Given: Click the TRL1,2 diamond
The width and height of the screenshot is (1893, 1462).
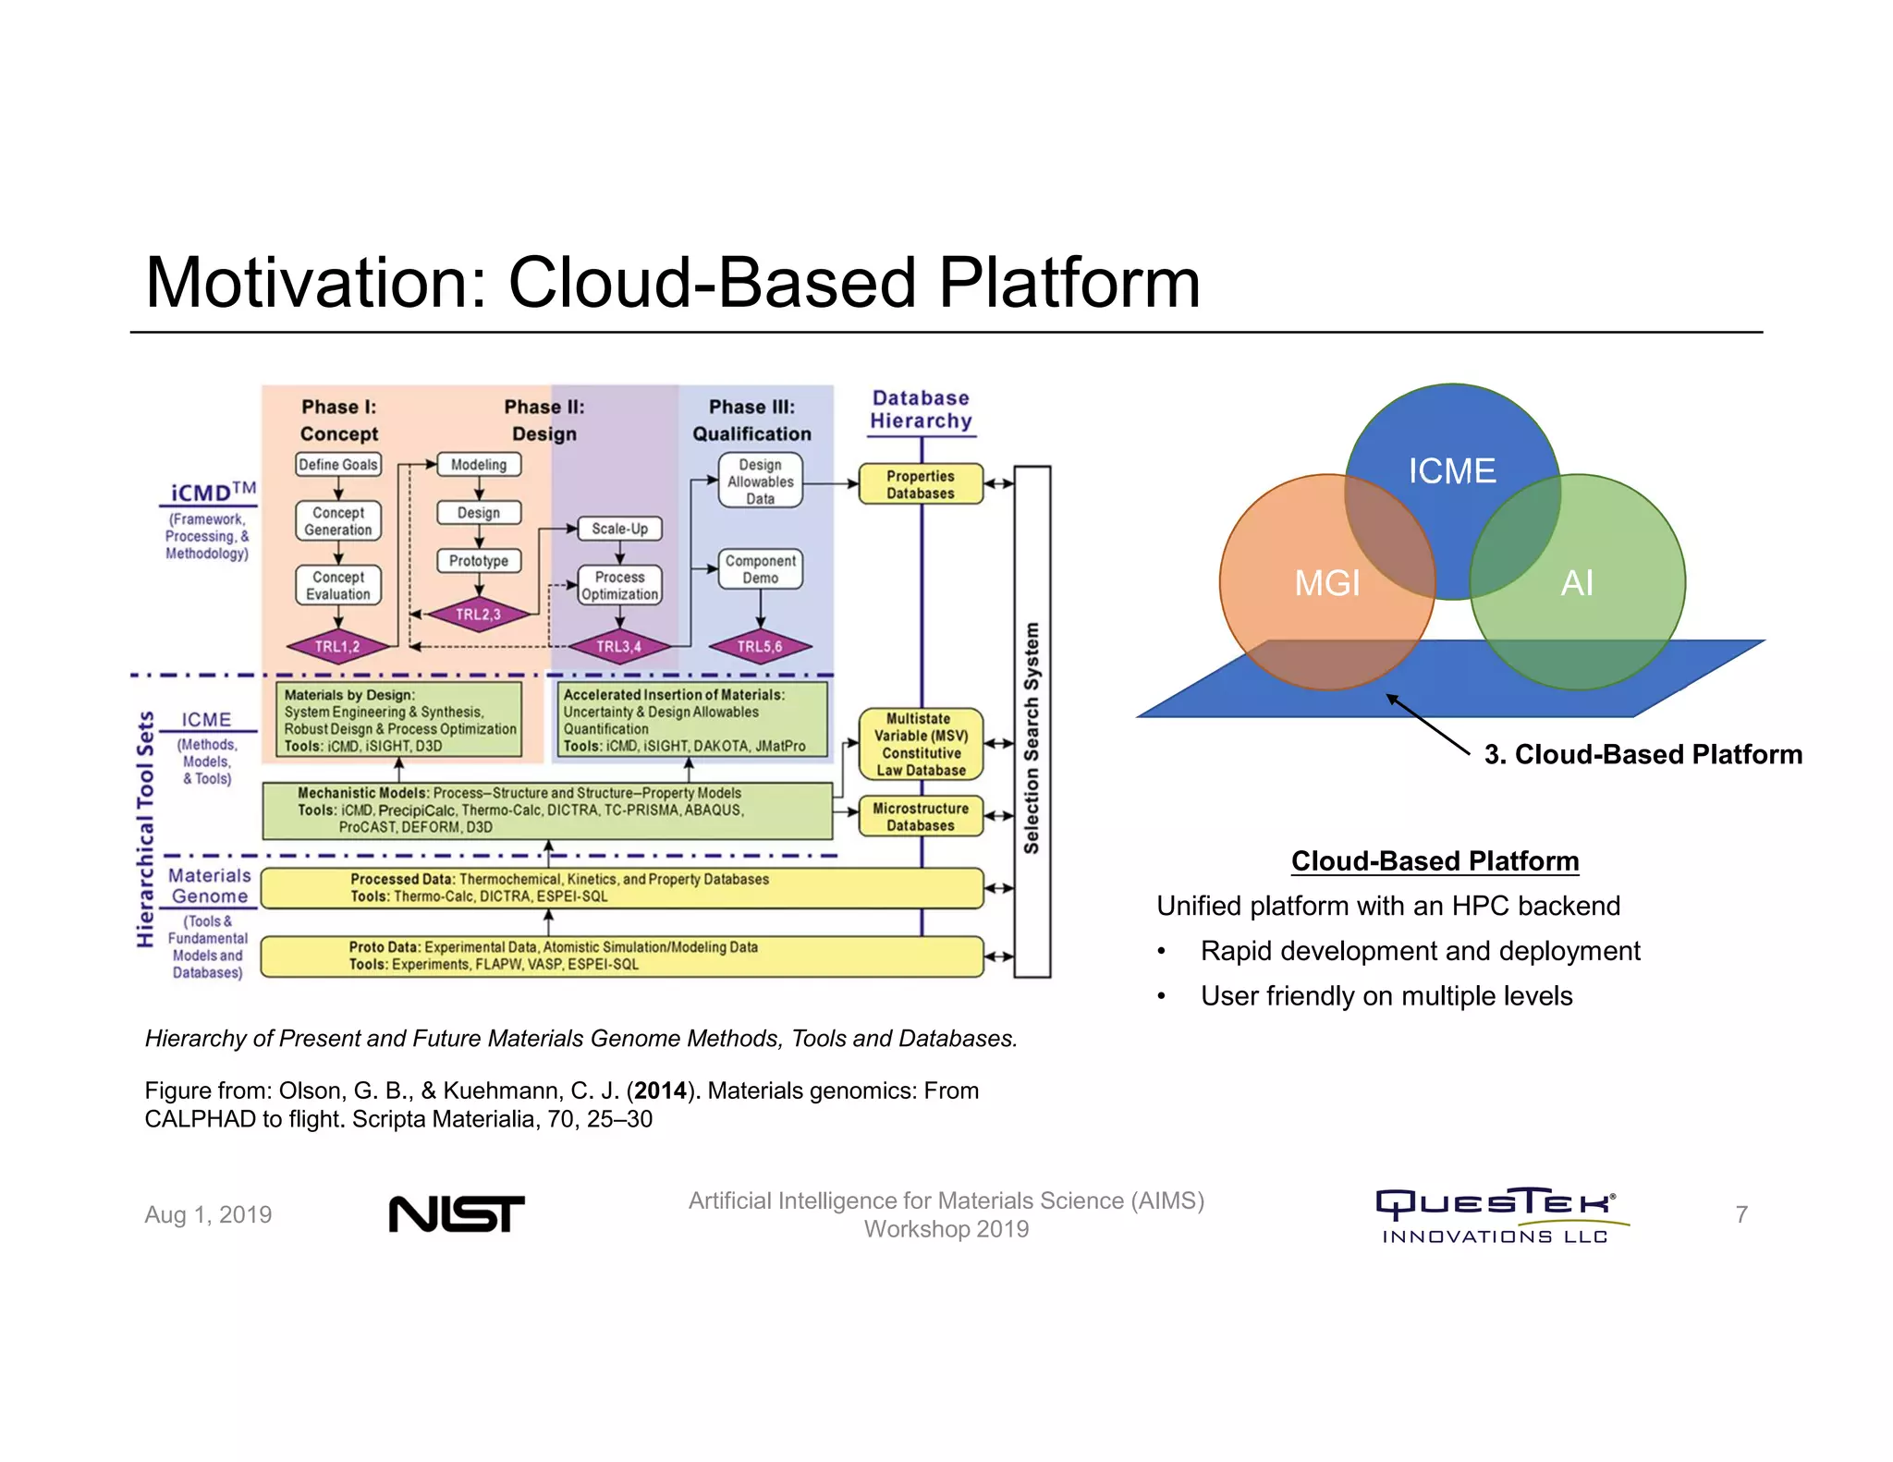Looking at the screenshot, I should coord(337,646).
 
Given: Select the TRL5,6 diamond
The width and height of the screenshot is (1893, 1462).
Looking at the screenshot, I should coord(760,646).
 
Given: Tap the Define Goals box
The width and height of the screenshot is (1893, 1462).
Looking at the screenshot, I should coord(338,465).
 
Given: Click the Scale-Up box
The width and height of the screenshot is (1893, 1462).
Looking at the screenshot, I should coord(619,529).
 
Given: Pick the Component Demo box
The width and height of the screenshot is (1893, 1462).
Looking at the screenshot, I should coord(760,569).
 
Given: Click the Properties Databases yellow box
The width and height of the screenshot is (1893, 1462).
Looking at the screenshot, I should coord(921,484).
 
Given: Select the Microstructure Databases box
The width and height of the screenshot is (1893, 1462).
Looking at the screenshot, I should coord(921,817).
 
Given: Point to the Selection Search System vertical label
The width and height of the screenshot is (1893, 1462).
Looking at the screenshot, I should coord(1032,737).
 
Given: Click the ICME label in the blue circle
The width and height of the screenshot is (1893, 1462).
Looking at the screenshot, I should coord(1451,471).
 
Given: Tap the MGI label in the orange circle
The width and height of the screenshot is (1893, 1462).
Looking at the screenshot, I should coord(1327,583).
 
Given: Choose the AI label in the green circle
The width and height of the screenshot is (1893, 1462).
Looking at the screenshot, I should coord(1577,583).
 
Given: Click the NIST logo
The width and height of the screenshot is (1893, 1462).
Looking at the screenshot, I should coord(457,1213).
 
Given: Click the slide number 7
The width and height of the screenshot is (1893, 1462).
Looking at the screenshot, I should coord(1741,1214).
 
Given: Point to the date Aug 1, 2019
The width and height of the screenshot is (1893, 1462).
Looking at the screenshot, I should coord(208,1214).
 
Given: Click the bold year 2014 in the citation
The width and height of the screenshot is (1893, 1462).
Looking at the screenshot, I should coord(660,1090).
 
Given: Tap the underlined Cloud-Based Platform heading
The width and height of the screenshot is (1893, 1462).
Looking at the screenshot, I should coord(1435,861).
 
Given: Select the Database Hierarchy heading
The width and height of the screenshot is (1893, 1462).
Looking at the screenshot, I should coord(921,409).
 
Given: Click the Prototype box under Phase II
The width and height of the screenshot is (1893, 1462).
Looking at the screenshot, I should coord(479,561).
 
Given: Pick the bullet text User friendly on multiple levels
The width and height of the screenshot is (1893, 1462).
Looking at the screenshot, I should coord(1386,996).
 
